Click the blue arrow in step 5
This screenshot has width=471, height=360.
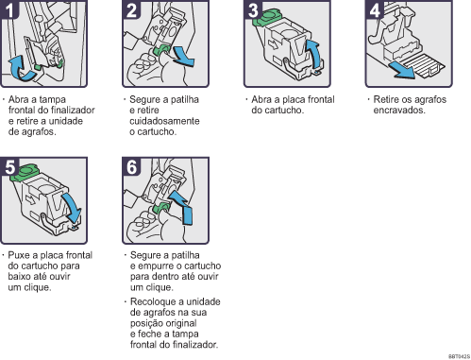click(70, 202)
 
